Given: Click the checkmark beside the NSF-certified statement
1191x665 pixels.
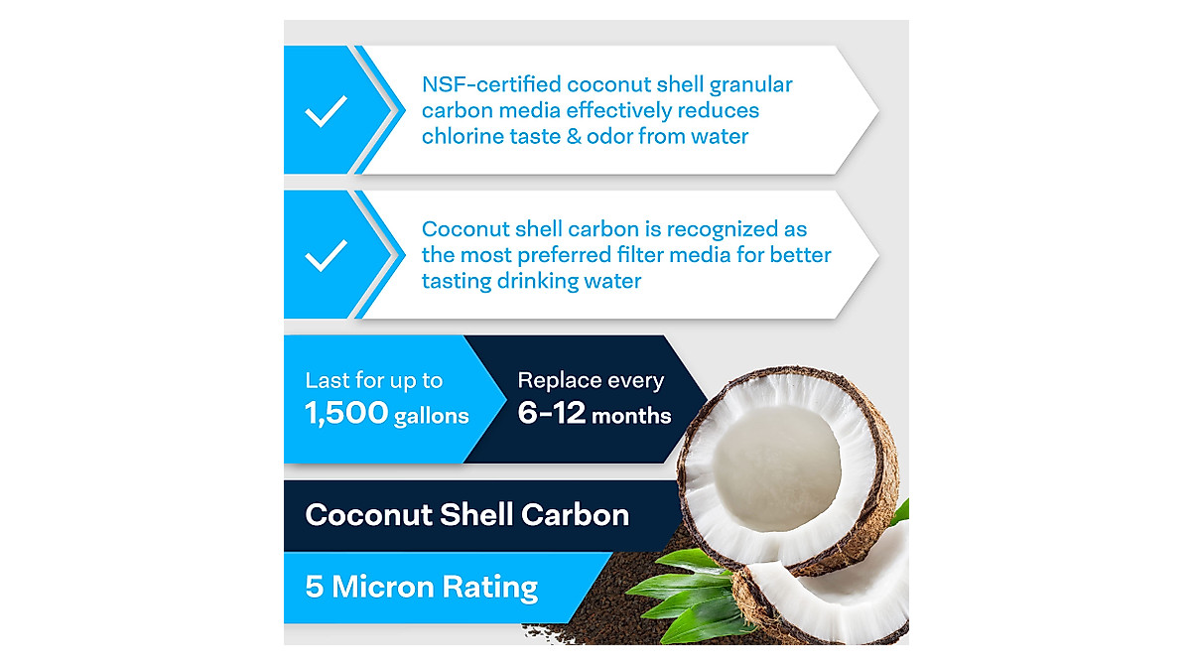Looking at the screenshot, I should pos(326,110).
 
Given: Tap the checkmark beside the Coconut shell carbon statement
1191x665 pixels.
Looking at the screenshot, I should pos(326,256).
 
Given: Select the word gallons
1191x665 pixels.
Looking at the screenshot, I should pos(432,417).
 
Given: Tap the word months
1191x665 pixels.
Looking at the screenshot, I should pos(631,416).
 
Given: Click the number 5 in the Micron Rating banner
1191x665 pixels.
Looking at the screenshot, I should pos(315,587).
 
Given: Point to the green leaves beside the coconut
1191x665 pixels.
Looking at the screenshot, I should pos(685,586).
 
